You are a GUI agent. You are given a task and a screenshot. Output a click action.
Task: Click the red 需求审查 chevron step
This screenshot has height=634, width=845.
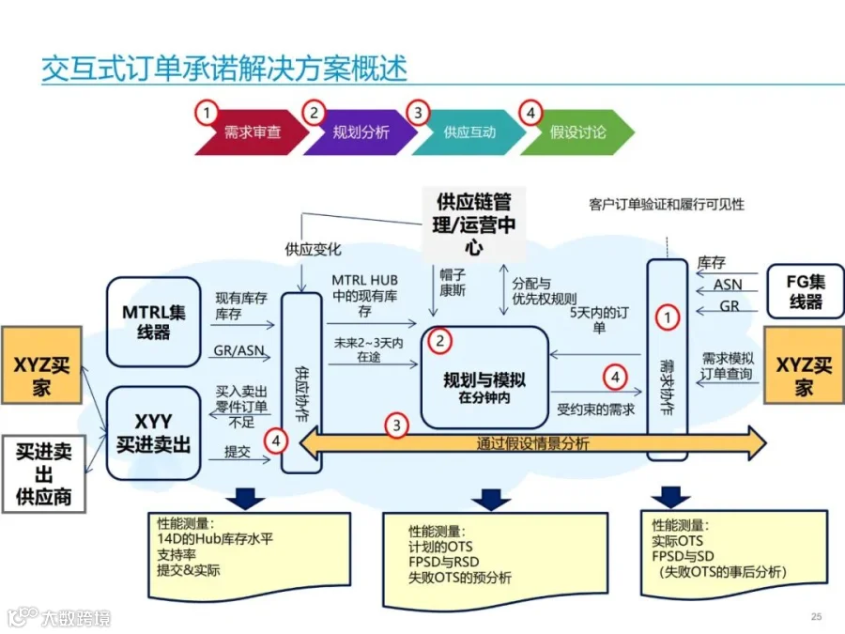coord(252,132)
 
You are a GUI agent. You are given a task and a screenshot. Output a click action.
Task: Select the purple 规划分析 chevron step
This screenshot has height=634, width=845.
coord(361,132)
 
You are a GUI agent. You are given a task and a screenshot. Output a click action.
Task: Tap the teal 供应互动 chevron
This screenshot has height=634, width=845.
coord(469,132)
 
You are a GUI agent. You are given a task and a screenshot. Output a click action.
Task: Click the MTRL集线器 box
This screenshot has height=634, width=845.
coord(154,321)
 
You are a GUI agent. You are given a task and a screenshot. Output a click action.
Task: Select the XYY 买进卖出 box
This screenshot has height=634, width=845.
coord(154,432)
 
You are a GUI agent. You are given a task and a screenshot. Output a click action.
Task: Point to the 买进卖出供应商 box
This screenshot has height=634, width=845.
coord(43,473)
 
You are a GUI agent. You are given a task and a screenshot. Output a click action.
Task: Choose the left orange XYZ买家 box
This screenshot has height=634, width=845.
coord(40,366)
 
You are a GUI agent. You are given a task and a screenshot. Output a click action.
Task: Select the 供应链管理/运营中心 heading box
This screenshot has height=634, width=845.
coord(473,224)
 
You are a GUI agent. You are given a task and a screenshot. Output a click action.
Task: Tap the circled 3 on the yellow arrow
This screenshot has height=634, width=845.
coord(399,425)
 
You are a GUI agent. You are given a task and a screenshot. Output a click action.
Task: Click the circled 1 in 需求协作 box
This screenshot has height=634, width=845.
coord(667,317)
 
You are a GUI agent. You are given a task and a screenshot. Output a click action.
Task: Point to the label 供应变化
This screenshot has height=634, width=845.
coord(313,250)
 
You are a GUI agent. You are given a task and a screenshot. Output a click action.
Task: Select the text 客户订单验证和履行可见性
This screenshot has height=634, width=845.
coord(667,205)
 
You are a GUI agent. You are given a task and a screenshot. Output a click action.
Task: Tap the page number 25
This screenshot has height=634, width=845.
coord(816,616)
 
